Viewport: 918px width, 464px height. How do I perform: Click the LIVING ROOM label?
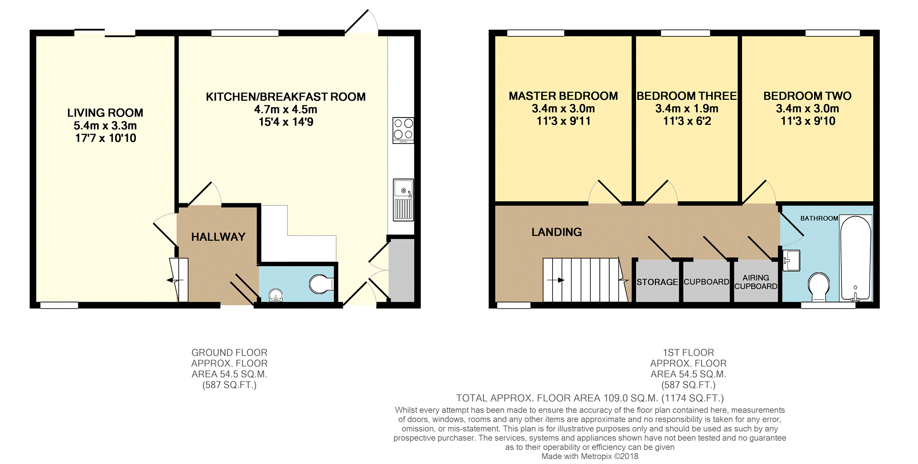[105, 112]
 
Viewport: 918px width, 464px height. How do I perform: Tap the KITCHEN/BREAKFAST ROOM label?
[286, 97]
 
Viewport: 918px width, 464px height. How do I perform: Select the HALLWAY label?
[218, 237]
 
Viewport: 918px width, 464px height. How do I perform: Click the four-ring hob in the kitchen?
[403, 131]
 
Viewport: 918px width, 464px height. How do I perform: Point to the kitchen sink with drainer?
[403, 200]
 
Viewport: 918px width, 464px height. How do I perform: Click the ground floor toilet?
[321, 284]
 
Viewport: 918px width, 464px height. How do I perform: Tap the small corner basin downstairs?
[276, 296]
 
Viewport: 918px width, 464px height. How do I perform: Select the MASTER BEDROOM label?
[563, 96]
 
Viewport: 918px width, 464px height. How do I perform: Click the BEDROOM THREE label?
[687, 96]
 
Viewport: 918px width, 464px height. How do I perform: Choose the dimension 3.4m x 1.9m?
[687, 109]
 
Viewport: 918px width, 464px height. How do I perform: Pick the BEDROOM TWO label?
[807, 96]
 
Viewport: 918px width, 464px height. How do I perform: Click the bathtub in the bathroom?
[856, 258]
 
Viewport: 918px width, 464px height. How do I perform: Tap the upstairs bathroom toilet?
[819, 287]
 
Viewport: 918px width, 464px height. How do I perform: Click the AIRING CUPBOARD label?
[756, 282]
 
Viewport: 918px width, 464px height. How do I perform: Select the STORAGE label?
[657, 282]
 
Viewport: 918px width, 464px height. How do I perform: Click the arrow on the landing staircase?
[556, 280]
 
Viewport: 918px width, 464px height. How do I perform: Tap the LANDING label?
[557, 232]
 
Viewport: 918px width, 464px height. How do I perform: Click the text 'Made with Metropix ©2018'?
[590, 456]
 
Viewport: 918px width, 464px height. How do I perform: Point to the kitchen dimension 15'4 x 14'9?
[286, 122]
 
